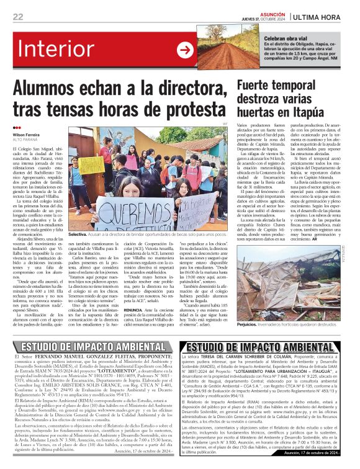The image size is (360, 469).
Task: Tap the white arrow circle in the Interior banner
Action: pos(185,50)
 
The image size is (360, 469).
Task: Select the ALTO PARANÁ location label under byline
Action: pos(25,139)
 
